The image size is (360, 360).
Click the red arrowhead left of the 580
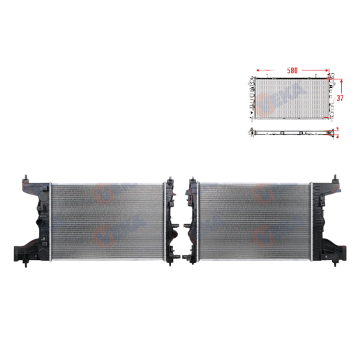pos(259,70)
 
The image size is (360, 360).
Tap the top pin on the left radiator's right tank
pos(167,179)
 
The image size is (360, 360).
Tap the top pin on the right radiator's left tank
pos(192,179)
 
